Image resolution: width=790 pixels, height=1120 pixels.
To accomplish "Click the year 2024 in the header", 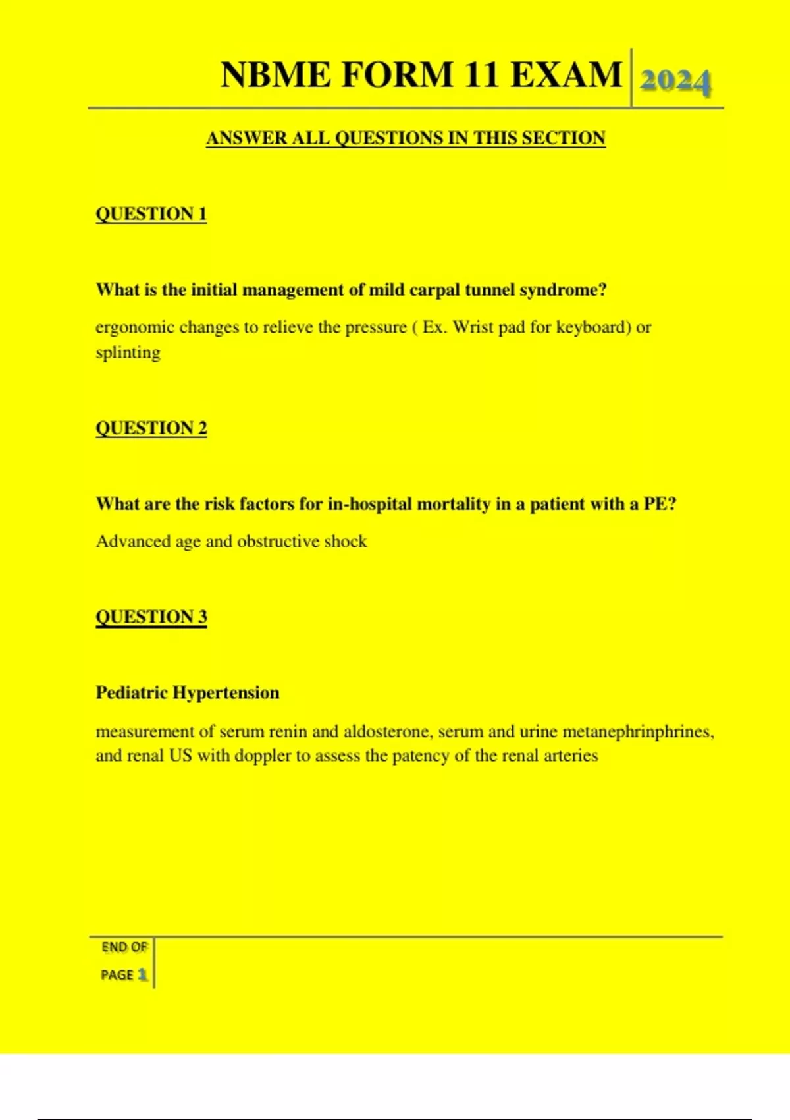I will coord(675,81).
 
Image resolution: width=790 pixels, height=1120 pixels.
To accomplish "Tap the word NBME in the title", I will coord(276,74).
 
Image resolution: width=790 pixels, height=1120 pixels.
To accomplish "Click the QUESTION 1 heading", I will coord(151,214).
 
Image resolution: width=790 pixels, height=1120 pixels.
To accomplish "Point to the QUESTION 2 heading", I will coord(151,428).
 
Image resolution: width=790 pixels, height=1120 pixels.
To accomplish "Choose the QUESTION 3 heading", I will coord(151,617).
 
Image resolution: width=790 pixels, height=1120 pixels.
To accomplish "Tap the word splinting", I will coord(128,352).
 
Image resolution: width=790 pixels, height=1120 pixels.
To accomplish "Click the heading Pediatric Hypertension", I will coord(188,693).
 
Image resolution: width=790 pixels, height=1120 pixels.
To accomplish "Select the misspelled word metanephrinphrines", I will coord(637,732).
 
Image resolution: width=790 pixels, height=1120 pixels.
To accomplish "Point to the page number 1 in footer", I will coord(142,974).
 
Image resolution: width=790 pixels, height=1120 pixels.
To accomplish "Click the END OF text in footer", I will coord(124,947).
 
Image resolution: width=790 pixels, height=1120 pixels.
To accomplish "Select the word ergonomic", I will coord(134,327).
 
